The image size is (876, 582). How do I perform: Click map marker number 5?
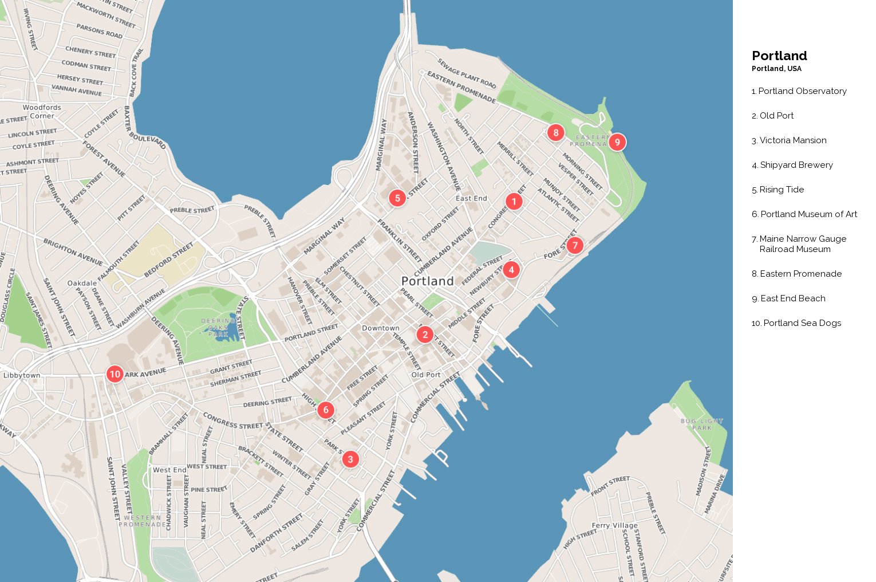click(x=397, y=198)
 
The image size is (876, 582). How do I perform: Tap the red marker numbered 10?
click(x=115, y=374)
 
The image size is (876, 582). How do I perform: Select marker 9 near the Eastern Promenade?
click(x=617, y=142)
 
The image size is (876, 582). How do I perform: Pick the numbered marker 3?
click(x=350, y=459)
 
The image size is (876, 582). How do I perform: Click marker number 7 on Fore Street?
click(x=575, y=245)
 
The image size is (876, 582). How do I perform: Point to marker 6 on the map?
click(x=326, y=410)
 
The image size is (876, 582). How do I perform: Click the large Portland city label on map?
click(x=427, y=281)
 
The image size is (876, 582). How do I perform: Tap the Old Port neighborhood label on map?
click(x=426, y=375)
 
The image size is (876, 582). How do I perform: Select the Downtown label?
click(x=381, y=328)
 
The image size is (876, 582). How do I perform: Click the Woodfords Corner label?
click(x=42, y=111)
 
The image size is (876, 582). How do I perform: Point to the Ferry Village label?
click(x=614, y=525)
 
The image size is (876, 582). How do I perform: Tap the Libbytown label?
click(x=22, y=375)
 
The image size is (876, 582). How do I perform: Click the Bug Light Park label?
click(x=702, y=424)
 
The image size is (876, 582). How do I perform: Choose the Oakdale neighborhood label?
click(x=82, y=283)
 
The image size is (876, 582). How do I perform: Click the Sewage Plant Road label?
click(x=467, y=73)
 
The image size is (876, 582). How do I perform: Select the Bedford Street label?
click(x=169, y=259)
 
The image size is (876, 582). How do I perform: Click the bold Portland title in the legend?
click(x=779, y=56)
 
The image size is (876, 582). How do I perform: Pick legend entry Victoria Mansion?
click(x=792, y=140)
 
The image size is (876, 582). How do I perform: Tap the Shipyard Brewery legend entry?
click(x=796, y=165)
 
